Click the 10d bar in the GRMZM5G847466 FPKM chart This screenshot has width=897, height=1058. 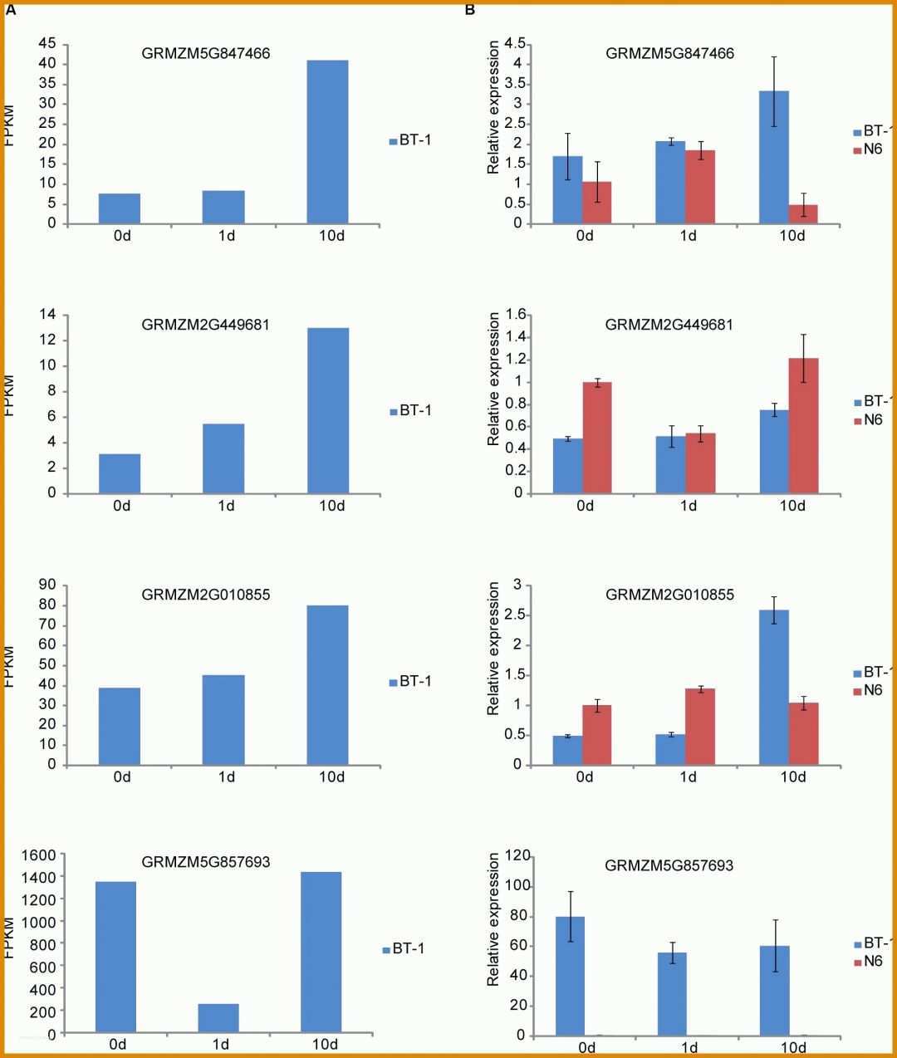[327, 141]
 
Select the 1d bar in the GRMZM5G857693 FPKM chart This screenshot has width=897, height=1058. [218, 1018]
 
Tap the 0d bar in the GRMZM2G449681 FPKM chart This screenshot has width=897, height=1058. [120, 473]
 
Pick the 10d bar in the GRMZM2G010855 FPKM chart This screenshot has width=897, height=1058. [327, 684]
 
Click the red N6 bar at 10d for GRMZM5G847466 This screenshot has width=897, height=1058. [803, 213]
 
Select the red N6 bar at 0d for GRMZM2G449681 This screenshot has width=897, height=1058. [597, 437]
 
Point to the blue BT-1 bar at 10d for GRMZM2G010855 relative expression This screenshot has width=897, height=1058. [774, 687]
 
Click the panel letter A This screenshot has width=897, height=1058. [11, 10]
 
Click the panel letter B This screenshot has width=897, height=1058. [470, 10]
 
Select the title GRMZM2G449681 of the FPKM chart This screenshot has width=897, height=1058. [205, 325]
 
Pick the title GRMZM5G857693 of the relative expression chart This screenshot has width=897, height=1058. [669, 865]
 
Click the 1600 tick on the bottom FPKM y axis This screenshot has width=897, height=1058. [39, 855]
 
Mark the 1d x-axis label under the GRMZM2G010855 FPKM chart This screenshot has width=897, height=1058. [227, 776]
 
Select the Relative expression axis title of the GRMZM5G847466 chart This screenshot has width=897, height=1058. [494, 108]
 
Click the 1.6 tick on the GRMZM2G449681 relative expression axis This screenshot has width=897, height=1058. [517, 314]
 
